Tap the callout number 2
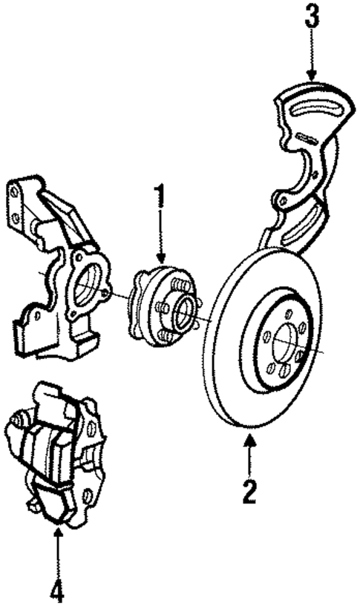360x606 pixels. pos(250,490)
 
